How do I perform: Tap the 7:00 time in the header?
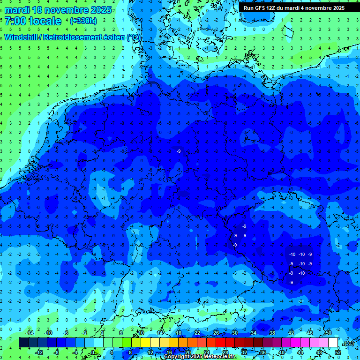(x=15, y=21)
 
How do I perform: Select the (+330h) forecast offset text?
(x=83, y=21)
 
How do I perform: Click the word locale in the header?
(x=45, y=21)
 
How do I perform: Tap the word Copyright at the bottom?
(x=178, y=357)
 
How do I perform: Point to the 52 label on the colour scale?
(x=337, y=352)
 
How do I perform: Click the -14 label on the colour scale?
(x=30, y=333)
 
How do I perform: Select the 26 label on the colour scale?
(x=216, y=333)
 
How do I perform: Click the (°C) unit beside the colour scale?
(x=348, y=343)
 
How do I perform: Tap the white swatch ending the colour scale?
(x=333, y=343)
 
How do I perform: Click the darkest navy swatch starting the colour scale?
(x=23, y=343)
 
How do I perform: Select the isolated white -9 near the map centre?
(x=179, y=151)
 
